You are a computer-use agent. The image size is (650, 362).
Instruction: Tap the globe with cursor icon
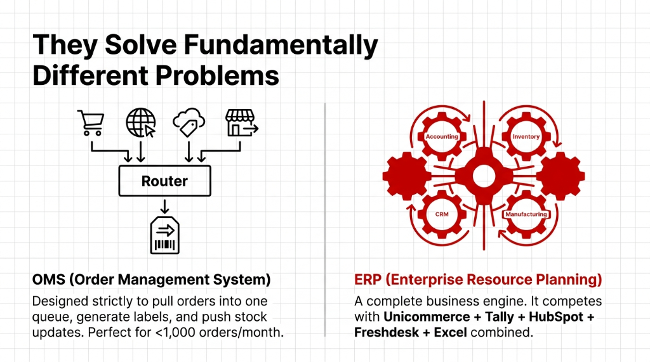tap(140, 122)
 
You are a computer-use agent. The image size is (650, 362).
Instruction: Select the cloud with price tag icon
tap(189, 122)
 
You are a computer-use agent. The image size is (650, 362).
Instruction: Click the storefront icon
tap(241, 122)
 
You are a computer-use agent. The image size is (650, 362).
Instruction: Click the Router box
tap(164, 181)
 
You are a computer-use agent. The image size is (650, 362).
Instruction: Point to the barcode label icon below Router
tap(164, 235)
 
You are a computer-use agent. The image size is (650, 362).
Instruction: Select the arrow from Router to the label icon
tap(164, 206)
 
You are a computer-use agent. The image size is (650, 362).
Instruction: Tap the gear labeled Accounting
tap(442, 137)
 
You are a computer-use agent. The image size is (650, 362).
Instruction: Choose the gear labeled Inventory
tap(525, 137)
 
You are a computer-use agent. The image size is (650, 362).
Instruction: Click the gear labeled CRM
tap(442, 214)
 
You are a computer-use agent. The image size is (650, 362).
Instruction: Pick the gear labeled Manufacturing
tap(525, 214)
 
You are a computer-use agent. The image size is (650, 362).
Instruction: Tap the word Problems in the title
tap(216, 75)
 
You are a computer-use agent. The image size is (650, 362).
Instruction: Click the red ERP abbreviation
tap(366, 280)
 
